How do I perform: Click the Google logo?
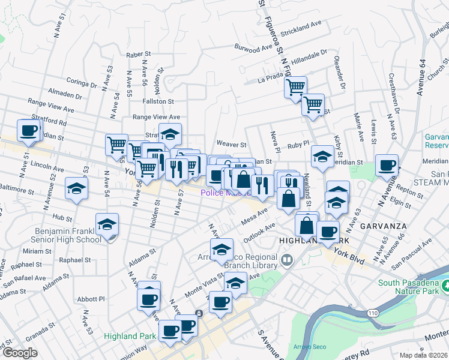[20, 353]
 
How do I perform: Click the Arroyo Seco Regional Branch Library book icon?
[287, 260]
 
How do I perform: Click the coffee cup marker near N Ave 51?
[28, 131]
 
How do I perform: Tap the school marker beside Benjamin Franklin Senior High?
[107, 226]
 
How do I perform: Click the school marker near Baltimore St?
[76, 189]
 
